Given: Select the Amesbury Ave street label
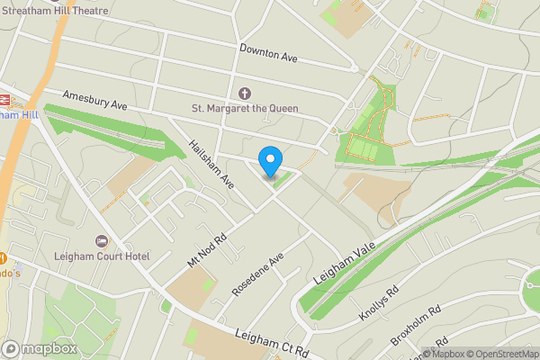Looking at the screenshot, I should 95,99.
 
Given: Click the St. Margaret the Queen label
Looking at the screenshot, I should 244,109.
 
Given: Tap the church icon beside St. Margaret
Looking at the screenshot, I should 245,93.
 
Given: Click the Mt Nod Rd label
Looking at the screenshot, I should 206,243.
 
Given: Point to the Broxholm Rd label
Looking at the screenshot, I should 416,325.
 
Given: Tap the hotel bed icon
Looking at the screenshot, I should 101,241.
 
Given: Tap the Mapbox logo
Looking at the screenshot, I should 40,348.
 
